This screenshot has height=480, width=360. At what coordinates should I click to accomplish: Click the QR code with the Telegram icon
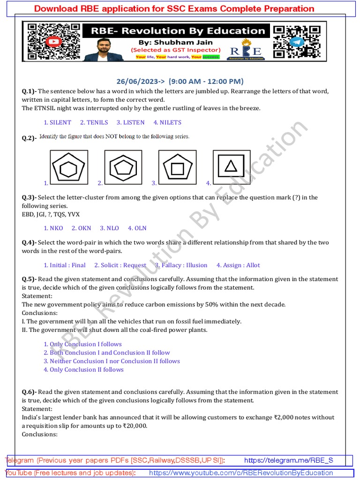point(297,42)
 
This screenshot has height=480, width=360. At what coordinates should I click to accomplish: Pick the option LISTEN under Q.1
point(134,122)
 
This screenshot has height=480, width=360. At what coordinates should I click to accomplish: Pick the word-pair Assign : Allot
point(241,265)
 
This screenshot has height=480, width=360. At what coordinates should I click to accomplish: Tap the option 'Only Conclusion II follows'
point(86,369)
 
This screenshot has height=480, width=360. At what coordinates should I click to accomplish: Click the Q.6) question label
point(29,392)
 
